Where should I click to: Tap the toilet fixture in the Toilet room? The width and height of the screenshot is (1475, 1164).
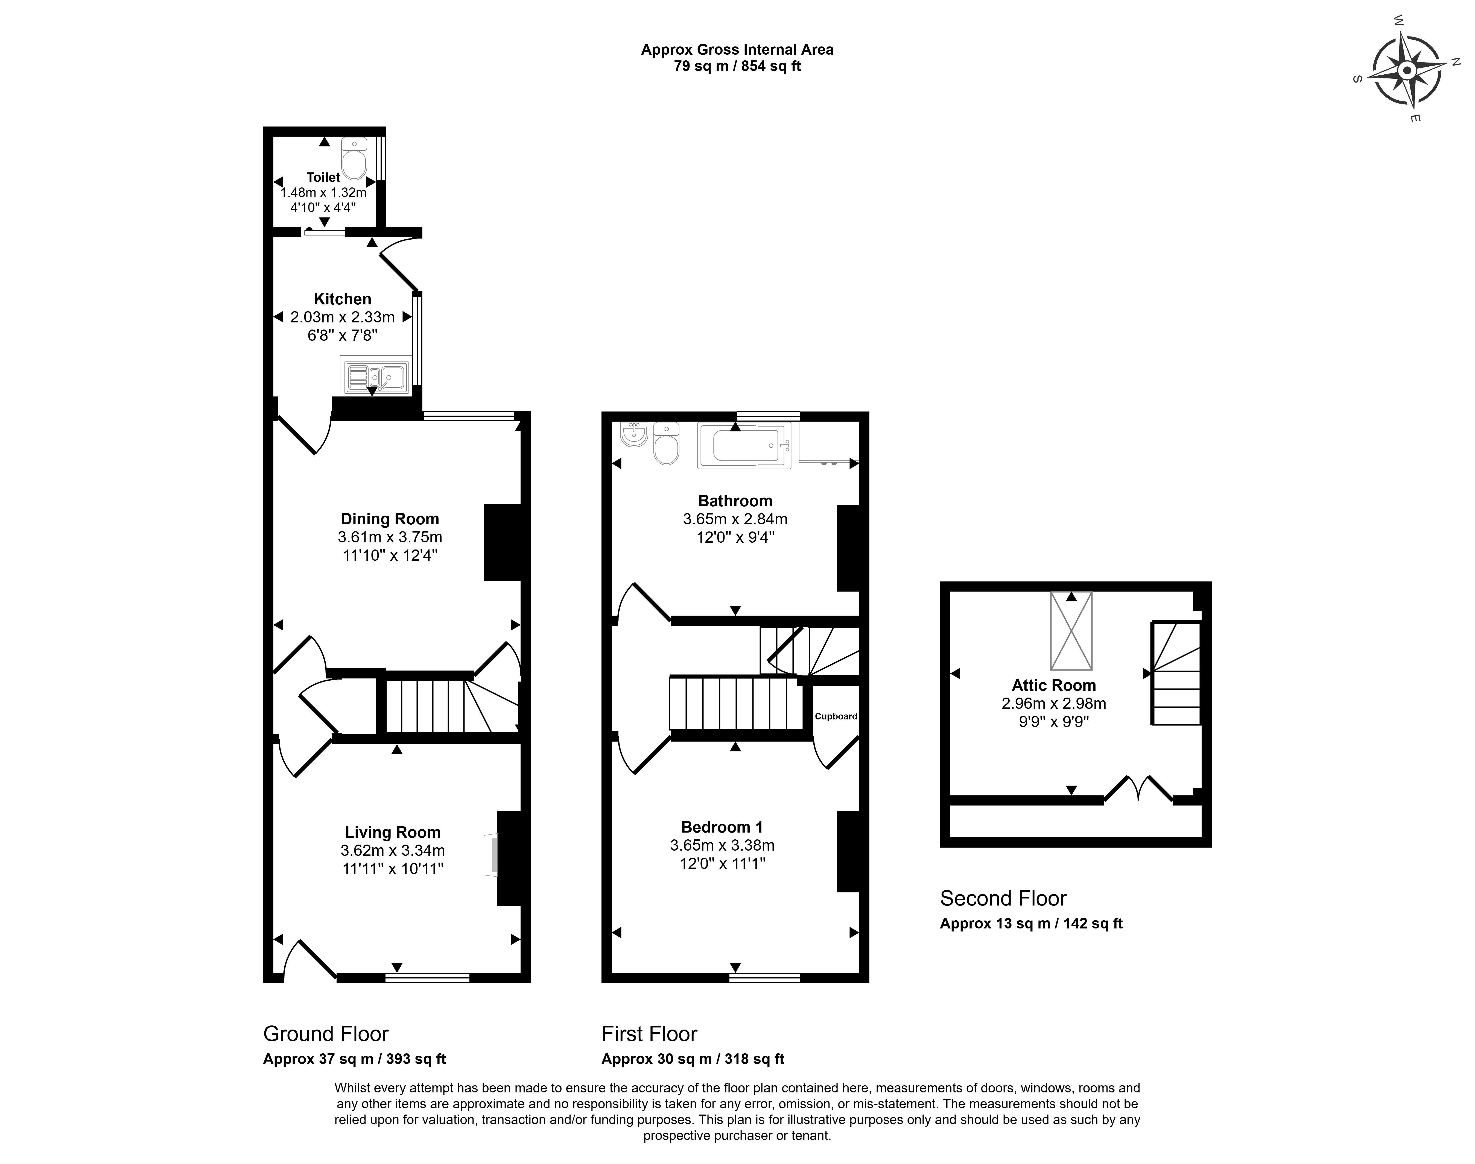pyautogui.click(x=354, y=158)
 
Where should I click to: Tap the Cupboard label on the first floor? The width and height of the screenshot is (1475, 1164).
pyautogui.click(x=836, y=716)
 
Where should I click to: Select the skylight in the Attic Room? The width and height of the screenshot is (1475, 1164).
pyautogui.click(x=1071, y=630)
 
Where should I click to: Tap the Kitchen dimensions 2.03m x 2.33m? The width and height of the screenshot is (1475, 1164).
pyautogui.click(x=342, y=317)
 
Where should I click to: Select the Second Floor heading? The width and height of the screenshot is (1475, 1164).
pyautogui.click(x=1003, y=898)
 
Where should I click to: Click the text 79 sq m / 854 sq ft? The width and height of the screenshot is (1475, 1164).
pyautogui.click(x=737, y=66)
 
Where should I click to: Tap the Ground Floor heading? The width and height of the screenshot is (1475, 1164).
pyautogui.click(x=326, y=1034)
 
